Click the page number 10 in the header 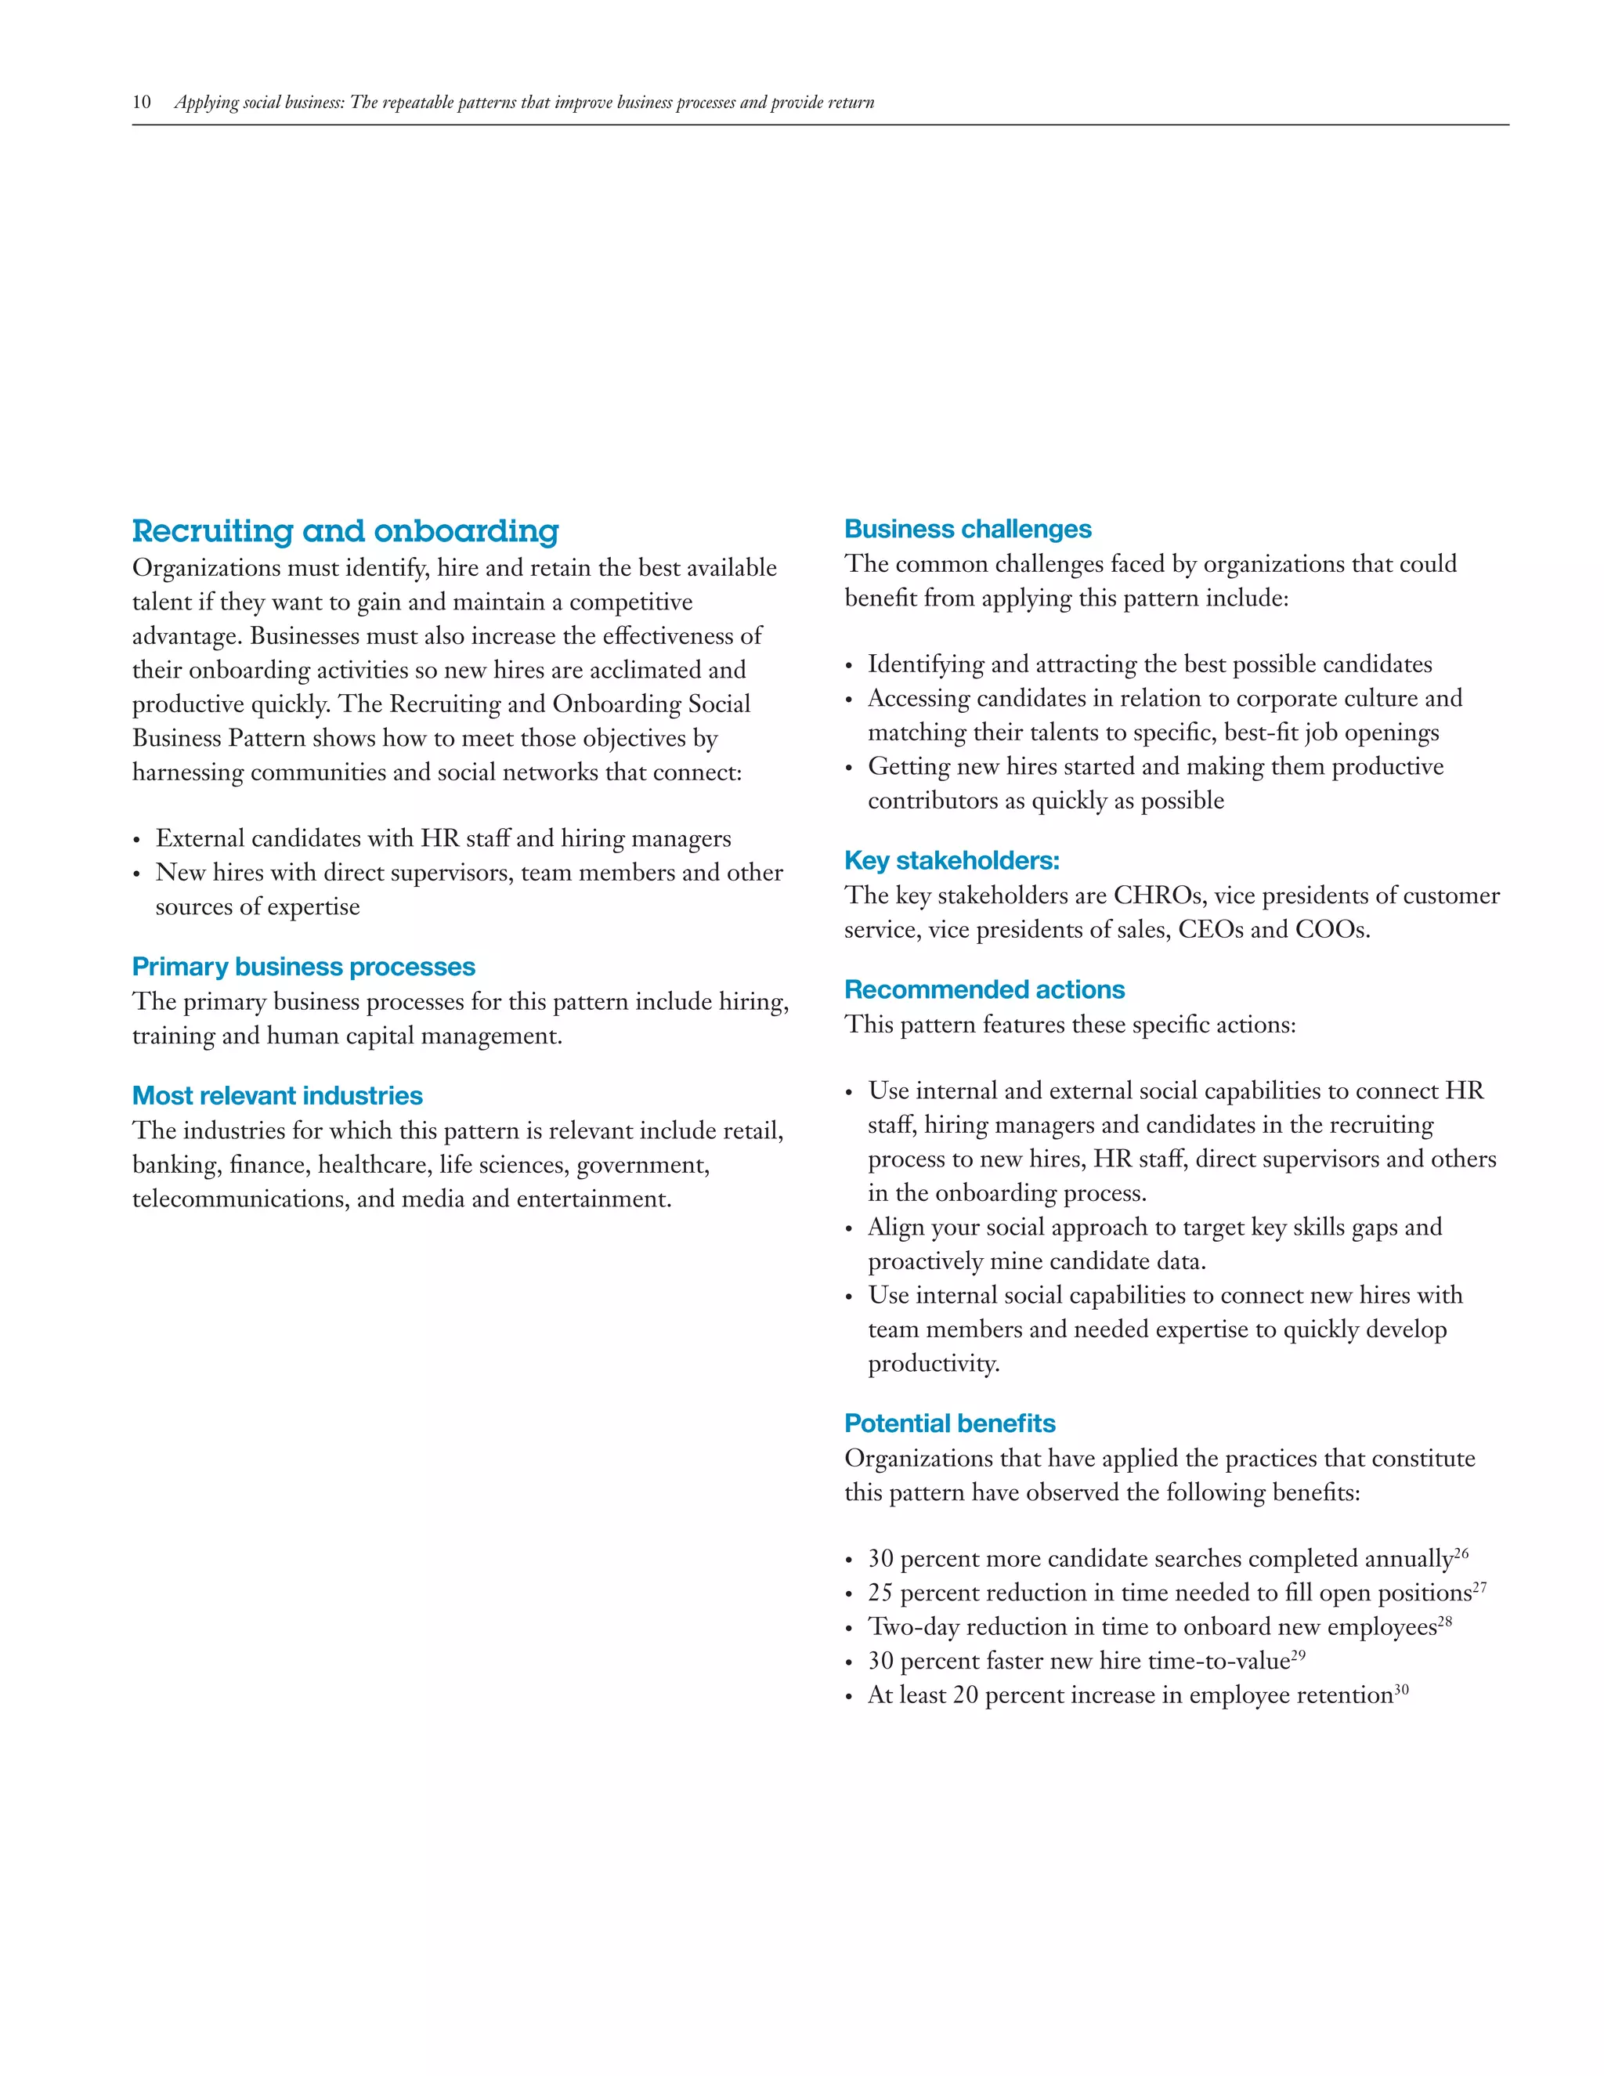pos(142,103)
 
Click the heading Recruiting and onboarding pos(345,530)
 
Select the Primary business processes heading pos(303,967)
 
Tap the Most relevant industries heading pos(276,1096)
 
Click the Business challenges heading pos(967,530)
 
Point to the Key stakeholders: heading pos(951,861)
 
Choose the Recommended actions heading pos(984,990)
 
